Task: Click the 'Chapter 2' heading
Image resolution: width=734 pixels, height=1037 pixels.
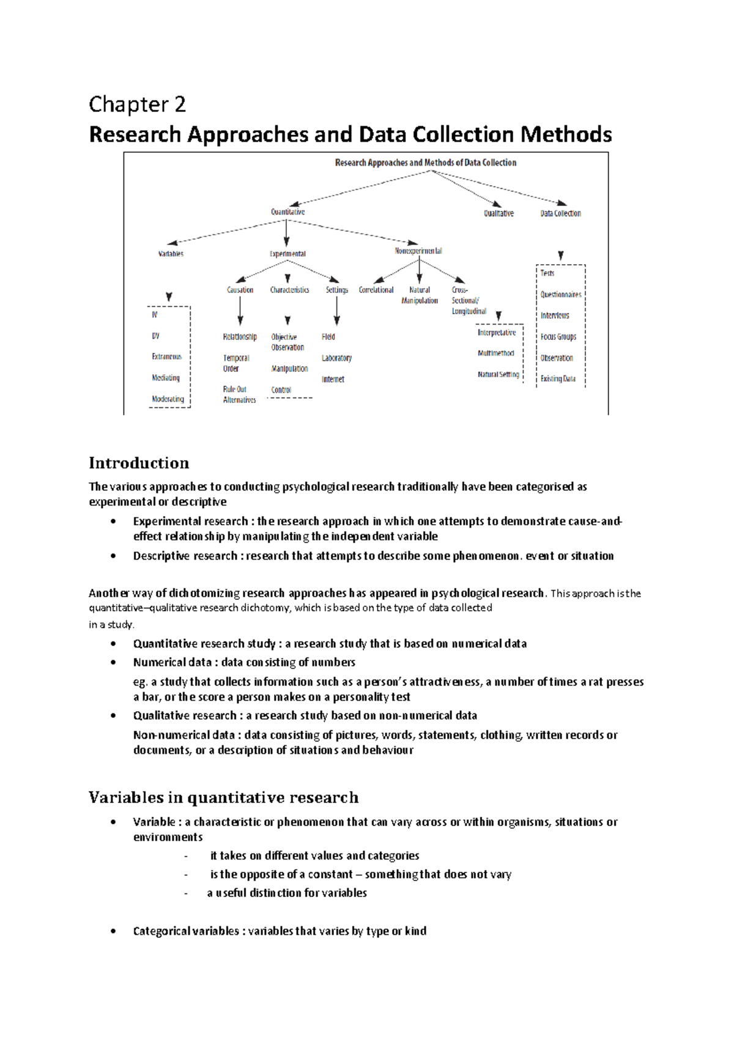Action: [137, 105]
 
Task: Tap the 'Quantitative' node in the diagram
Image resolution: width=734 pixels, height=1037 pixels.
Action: [287, 212]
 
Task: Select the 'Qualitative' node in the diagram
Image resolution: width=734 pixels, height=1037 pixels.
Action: [499, 213]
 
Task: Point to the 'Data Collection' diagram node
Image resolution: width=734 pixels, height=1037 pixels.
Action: [560, 213]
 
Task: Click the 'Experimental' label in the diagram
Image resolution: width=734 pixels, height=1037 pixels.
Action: [287, 254]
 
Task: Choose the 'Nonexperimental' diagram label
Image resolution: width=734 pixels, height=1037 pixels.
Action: [418, 251]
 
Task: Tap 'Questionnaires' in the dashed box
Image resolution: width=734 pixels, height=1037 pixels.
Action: [560, 295]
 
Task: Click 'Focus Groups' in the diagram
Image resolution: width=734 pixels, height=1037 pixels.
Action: [558, 337]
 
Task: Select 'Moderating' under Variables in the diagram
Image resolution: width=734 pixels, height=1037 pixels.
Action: [168, 399]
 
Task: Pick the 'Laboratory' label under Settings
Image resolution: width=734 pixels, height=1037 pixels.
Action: [336, 358]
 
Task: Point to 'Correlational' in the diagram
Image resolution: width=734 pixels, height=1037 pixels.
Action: [376, 290]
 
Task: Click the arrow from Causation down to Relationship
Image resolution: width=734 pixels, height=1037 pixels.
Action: [240, 311]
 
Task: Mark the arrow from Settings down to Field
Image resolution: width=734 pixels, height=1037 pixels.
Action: [336, 311]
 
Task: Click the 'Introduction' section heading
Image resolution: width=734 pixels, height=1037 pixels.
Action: [139, 463]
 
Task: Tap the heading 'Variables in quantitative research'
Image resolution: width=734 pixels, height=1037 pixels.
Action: [223, 797]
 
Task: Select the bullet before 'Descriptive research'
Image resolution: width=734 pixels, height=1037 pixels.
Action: [113, 556]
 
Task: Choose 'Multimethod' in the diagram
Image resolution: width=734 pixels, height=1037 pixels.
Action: [495, 353]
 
